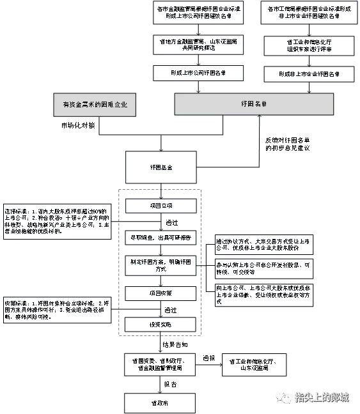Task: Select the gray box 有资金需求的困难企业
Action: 94,104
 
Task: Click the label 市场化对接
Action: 78,125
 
